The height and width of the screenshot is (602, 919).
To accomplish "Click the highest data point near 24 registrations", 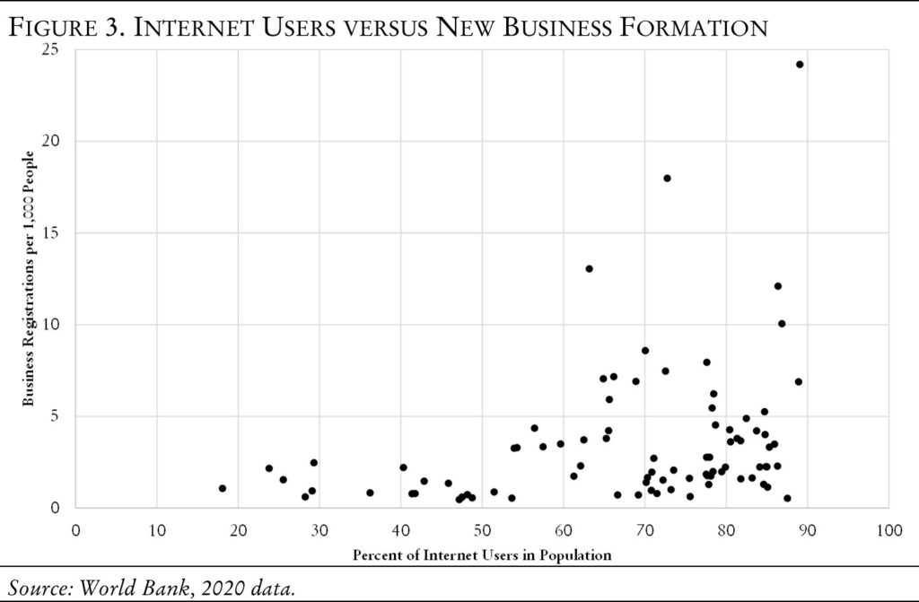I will (x=800, y=65).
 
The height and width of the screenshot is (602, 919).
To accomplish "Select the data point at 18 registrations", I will (x=667, y=178).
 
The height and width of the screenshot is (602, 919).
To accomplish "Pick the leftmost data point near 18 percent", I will (x=222, y=488).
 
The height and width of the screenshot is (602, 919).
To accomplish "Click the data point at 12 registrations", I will (x=777, y=286).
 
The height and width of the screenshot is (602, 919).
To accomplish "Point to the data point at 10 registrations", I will (x=782, y=323).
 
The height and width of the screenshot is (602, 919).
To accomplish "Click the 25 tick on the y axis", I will (x=57, y=49).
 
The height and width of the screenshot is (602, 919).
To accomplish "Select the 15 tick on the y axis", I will (x=57, y=233).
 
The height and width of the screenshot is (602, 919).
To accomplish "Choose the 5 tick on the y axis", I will (x=60, y=416).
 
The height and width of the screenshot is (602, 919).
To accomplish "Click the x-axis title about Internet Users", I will (x=482, y=555).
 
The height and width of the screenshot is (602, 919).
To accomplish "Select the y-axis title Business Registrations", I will (x=29, y=278).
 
